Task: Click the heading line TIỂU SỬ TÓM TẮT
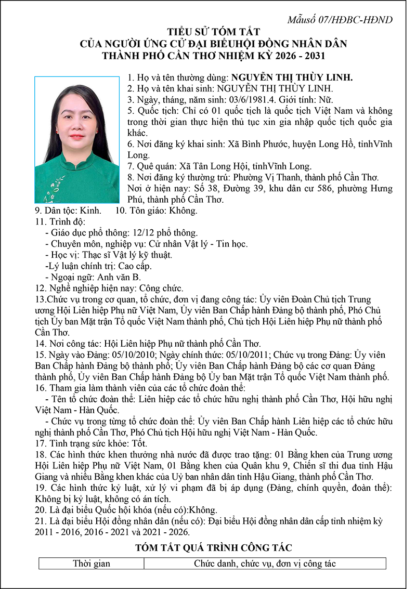213,32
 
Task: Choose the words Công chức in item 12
158,288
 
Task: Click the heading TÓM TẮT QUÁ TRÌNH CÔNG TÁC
213,547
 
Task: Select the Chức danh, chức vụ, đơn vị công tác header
265,564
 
